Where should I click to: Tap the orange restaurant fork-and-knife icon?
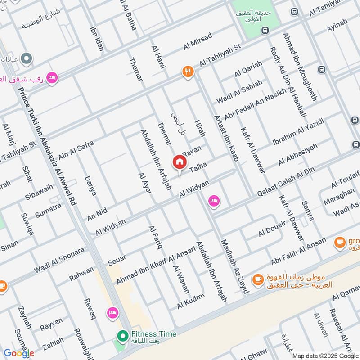(188, 72)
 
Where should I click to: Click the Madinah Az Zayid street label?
(234, 266)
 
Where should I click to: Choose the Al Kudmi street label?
(191, 301)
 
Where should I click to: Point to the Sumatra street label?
(48, 211)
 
